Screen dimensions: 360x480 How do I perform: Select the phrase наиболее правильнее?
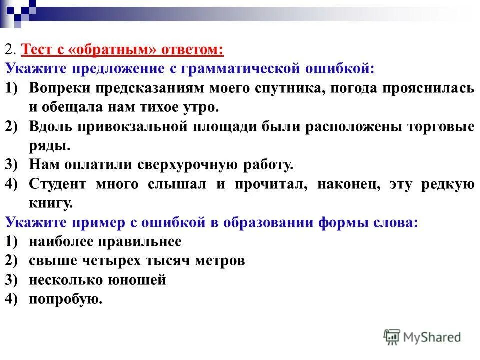point(105,242)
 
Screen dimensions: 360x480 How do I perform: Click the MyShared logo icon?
point(392,336)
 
